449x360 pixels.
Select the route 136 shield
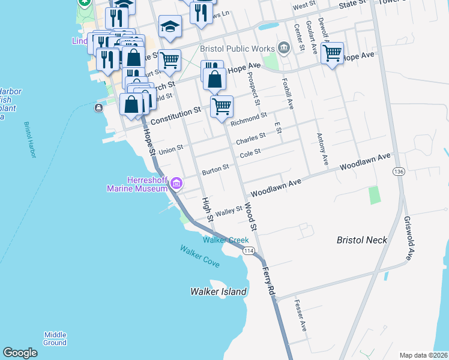pyautogui.click(x=398, y=172)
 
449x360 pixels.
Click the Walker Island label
pyautogui.click(x=218, y=292)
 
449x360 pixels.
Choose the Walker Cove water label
pyautogui.click(x=199, y=256)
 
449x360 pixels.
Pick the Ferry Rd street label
pyautogui.click(x=268, y=281)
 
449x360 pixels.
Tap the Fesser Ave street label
pyautogui.click(x=300, y=316)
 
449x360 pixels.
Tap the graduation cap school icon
pyautogui.click(x=170, y=26)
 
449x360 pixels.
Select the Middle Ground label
pyautogui.click(x=55, y=338)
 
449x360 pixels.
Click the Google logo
pyautogui.click(x=20, y=353)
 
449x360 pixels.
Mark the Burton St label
pyautogui.click(x=215, y=169)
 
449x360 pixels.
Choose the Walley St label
pyautogui.click(x=228, y=211)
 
